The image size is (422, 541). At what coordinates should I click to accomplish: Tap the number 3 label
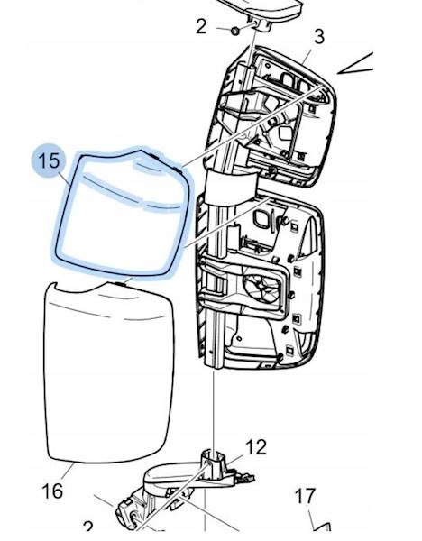(x=319, y=37)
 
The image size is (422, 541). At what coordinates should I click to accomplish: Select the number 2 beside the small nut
(x=201, y=26)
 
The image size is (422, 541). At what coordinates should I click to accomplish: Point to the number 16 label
(x=52, y=491)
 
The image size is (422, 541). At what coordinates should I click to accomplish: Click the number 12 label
(x=256, y=447)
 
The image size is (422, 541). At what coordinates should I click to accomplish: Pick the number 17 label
(x=306, y=496)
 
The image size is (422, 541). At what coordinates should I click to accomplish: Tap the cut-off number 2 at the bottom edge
(x=88, y=527)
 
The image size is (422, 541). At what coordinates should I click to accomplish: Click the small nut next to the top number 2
(x=235, y=31)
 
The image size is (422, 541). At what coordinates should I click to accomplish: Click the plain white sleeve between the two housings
(x=232, y=187)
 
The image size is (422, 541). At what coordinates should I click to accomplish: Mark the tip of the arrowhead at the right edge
(x=337, y=73)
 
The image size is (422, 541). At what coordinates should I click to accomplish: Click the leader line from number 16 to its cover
(x=68, y=473)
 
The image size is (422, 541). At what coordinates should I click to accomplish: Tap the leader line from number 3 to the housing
(x=307, y=56)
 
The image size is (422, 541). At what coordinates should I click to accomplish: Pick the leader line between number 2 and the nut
(x=224, y=29)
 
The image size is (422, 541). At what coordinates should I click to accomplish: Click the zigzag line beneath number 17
(x=319, y=524)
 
